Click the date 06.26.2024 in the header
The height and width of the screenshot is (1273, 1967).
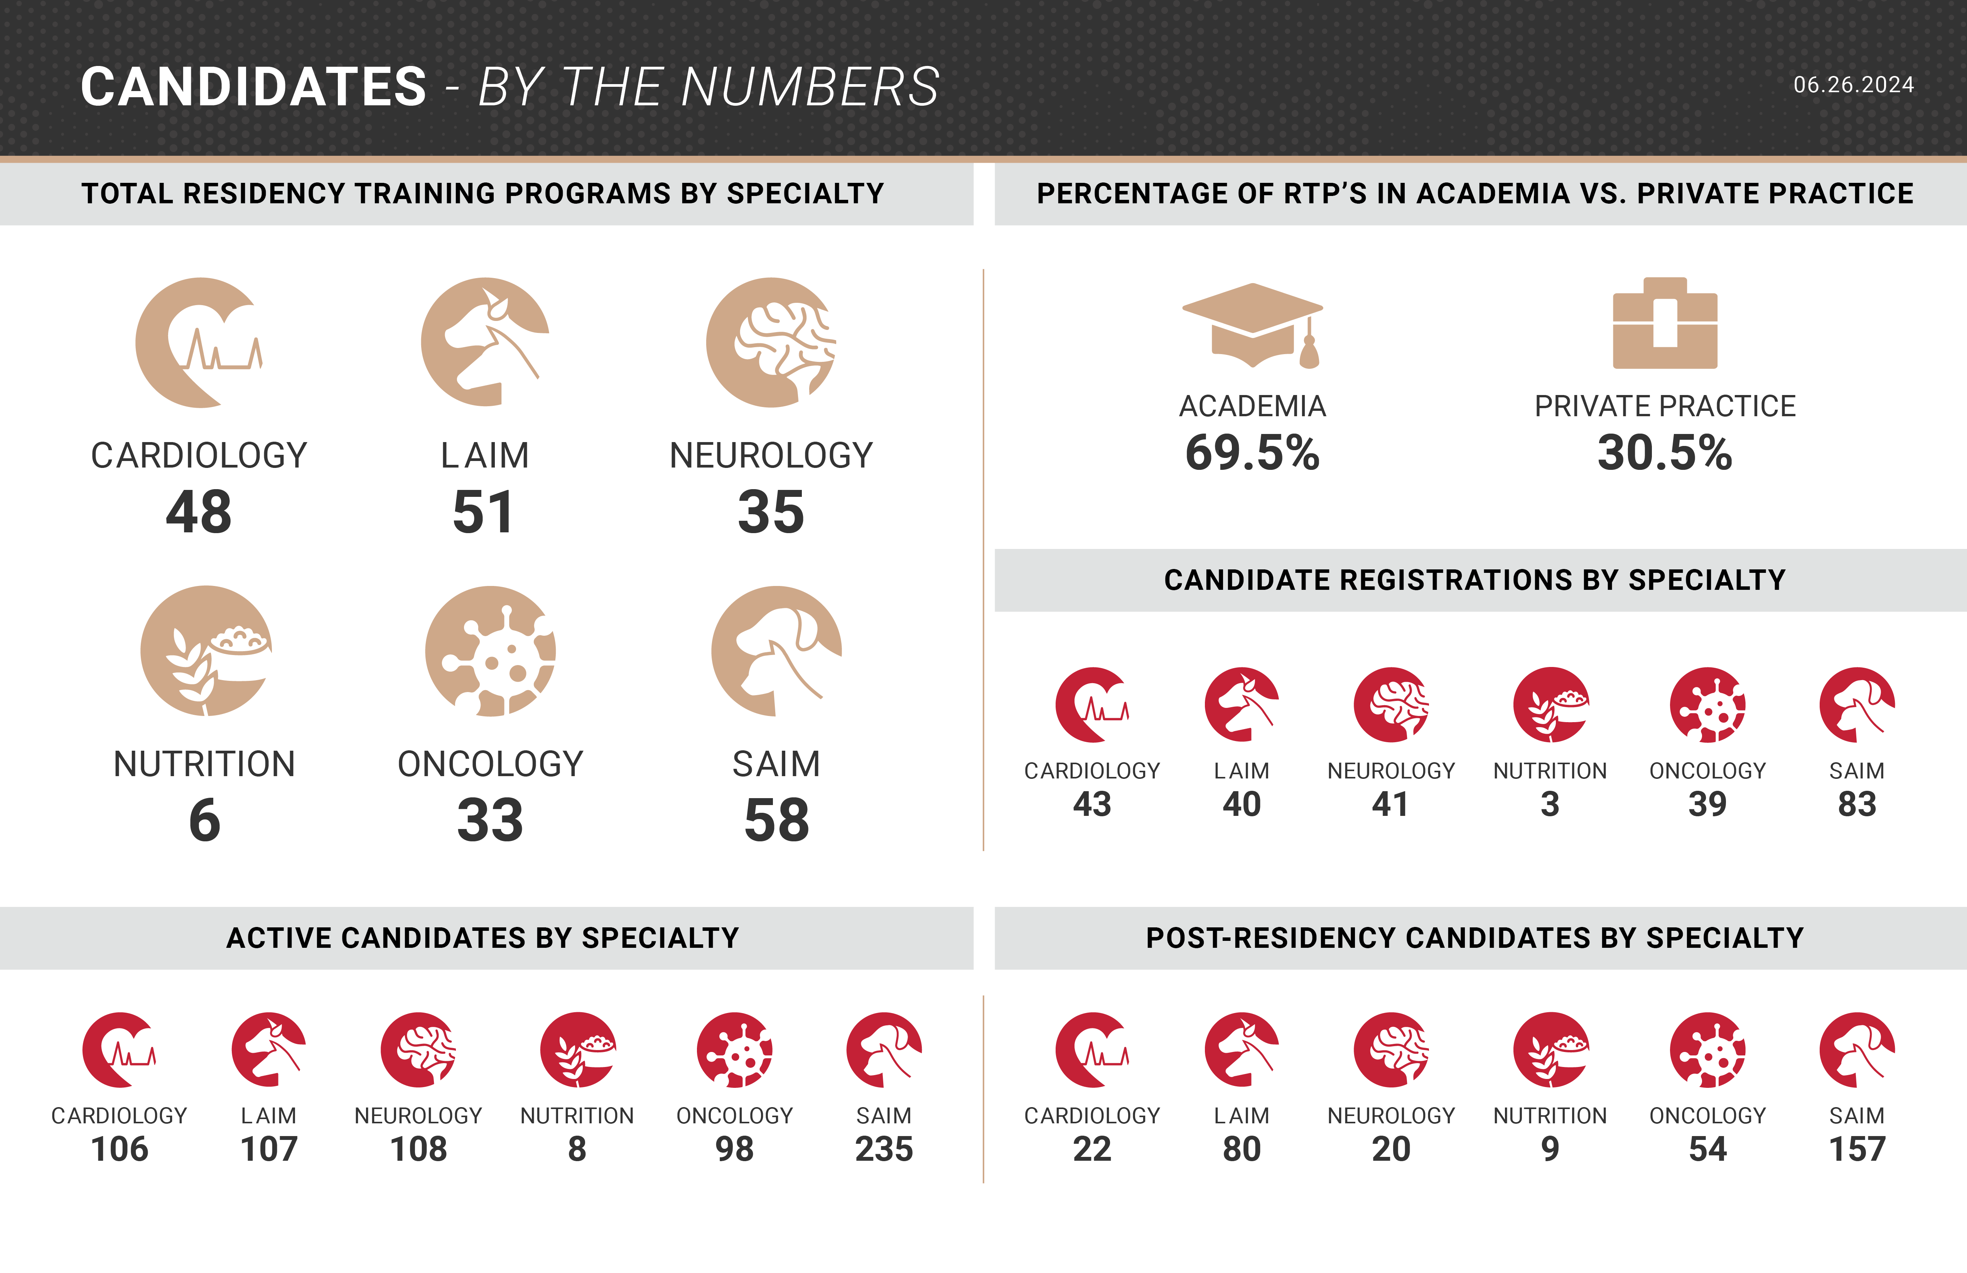point(1853,85)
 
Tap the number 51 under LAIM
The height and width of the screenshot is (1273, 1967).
point(484,513)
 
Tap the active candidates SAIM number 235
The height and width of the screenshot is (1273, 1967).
point(884,1149)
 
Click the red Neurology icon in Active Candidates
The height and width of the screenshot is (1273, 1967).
point(418,1050)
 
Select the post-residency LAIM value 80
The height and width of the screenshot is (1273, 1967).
point(1242,1149)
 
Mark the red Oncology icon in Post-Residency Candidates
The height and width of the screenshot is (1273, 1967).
point(1707,1050)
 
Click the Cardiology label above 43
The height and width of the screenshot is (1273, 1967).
point(1092,771)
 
